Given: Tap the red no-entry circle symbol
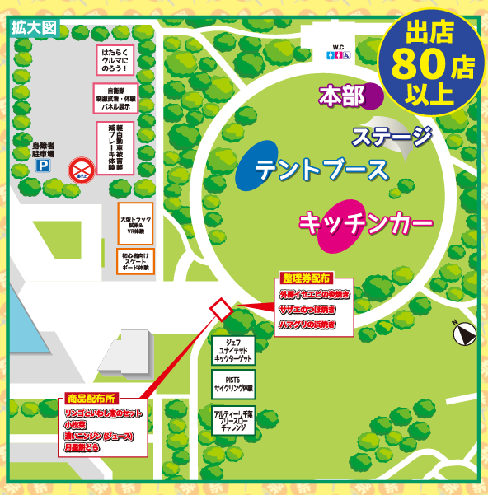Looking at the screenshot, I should pos(82,168).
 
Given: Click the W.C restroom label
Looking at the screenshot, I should pos(338,47).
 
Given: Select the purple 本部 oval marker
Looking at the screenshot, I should pos(368,96).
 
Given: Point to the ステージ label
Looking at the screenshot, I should pos(392,135).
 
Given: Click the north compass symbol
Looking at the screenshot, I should pos(463,333).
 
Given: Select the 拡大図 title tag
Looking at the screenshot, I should pos(34,26).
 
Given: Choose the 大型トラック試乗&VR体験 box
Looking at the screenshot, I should pos(135,222).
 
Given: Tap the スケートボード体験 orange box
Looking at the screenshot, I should pos(135,262).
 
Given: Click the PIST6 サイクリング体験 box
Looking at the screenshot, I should pos(232,383).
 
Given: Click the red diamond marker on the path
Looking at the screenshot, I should pos(221,309).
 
